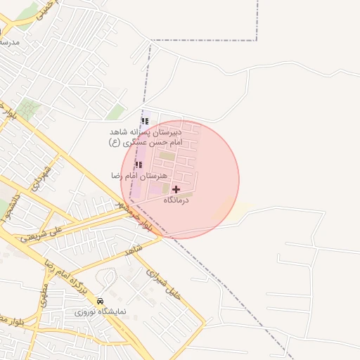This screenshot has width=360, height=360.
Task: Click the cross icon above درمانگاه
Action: (176, 189)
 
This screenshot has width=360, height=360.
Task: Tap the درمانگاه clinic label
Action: (177, 201)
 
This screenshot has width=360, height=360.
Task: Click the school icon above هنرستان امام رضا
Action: (139, 165)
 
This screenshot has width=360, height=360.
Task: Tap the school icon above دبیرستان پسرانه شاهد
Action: (145, 121)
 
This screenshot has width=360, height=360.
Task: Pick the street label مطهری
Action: (44, 295)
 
